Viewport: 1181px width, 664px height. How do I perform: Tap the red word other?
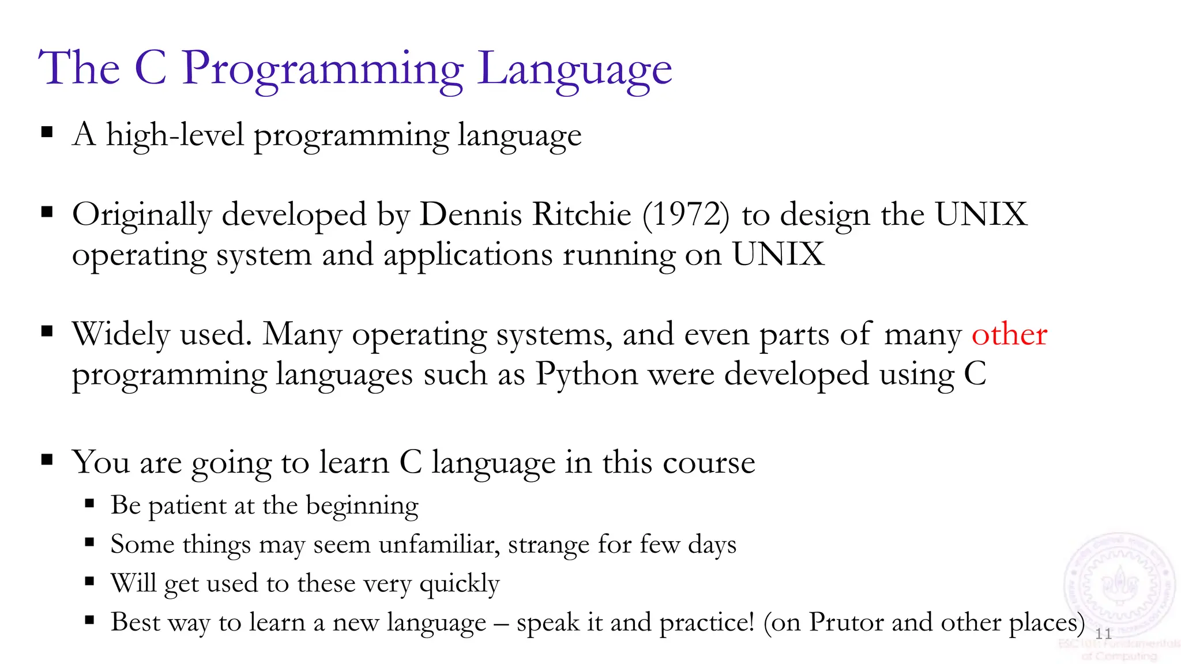click(1009, 334)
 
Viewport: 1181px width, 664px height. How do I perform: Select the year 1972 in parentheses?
click(686, 214)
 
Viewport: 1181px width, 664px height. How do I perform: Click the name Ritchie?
click(582, 214)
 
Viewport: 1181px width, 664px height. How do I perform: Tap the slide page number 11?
click(1103, 634)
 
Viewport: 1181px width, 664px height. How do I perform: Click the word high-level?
click(175, 135)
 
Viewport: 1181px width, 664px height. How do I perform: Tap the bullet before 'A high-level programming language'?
click(47, 133)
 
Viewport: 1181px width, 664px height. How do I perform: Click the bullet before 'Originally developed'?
click(47, 212)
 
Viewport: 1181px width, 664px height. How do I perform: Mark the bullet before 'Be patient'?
click(89, 504)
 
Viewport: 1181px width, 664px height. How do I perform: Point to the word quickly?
click(459, 584)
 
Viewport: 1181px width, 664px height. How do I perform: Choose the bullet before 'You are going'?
click(47, 460)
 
